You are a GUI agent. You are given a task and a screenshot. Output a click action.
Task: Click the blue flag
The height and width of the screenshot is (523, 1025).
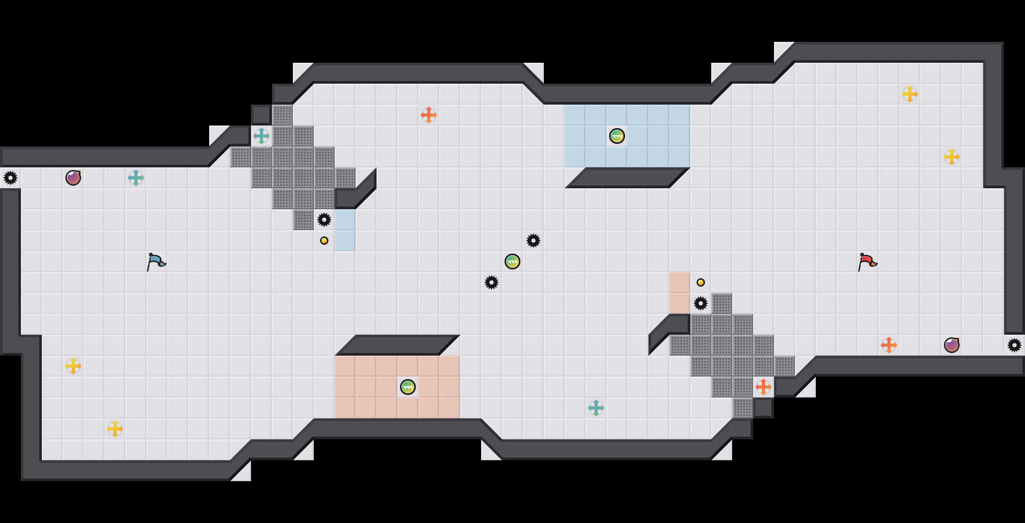click(x=156, y=261)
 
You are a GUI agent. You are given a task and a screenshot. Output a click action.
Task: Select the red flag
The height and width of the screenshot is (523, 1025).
click(x=867, y=261)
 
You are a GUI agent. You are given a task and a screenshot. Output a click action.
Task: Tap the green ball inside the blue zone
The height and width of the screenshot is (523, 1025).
click(x=617, y=136)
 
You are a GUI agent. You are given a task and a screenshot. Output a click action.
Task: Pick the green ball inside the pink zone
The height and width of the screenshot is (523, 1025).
click(x=408, y=387)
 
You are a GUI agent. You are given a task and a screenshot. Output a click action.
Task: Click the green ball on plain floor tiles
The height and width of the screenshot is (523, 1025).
click(x=512, y=261)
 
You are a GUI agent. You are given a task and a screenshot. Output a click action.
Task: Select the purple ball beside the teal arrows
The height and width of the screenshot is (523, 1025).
click(x=73, y=178)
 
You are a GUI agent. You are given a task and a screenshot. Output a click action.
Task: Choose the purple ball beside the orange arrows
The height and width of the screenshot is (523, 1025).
click(x=952, y=345)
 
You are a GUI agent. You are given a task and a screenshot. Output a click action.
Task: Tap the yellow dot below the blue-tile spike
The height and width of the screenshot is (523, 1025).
click(x=324, y=241)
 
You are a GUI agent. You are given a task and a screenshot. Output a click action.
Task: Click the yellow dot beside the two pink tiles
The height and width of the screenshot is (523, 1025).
click(x=701, y=282)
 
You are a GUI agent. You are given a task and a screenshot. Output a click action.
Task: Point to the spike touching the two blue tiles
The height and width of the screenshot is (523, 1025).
click(x=324, y=220)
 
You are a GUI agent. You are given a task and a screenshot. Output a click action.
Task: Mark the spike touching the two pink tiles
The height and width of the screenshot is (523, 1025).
click(x=701, y=303)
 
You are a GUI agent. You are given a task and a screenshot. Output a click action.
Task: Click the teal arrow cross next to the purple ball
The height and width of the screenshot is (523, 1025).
click(x=136, y=178)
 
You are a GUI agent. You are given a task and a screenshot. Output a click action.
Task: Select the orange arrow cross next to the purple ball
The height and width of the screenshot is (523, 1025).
click(x=889, y=345)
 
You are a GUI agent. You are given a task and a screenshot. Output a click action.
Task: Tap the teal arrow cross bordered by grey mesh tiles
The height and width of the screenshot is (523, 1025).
click(x=261, y=136)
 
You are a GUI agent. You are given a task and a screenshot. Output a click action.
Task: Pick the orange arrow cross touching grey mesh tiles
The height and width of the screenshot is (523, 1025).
click(x=764, y=387)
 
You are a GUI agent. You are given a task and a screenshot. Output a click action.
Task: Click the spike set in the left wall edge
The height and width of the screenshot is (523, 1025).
click(x=10, y=178)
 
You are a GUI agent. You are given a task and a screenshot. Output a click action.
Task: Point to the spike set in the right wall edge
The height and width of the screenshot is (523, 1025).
click(x=1015, y=345)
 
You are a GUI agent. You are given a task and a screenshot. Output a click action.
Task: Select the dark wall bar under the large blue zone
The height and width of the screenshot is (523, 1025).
click(x=628, y=178)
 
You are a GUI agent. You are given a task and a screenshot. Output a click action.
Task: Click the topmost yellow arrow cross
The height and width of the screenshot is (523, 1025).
click(x=910, y=94)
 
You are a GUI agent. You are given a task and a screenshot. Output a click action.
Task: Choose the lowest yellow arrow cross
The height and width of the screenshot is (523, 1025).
click(x=115, y=429)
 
